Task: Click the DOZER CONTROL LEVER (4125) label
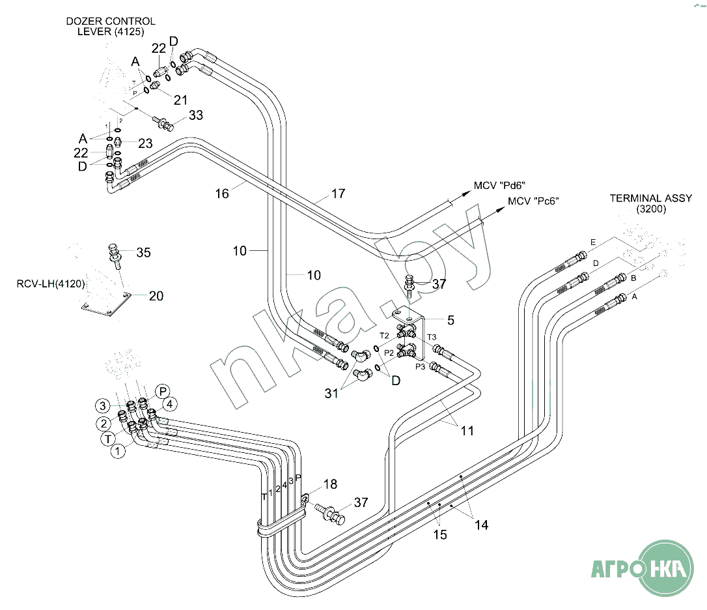coord(111,26)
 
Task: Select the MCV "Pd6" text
coord(499,186)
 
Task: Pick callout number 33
coord(196,115)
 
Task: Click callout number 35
coord(143,252)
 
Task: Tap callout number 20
coord(156,296)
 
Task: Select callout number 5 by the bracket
coord(451,320)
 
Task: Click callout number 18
coord(330,484)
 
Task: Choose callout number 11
coord(467,431)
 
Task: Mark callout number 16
coord(223,194)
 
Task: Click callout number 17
coord(338,194)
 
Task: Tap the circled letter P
coord(163,391)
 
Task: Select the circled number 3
coord(102,406)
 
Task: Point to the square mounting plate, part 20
coord(104,306)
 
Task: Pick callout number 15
coord(441,534)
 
